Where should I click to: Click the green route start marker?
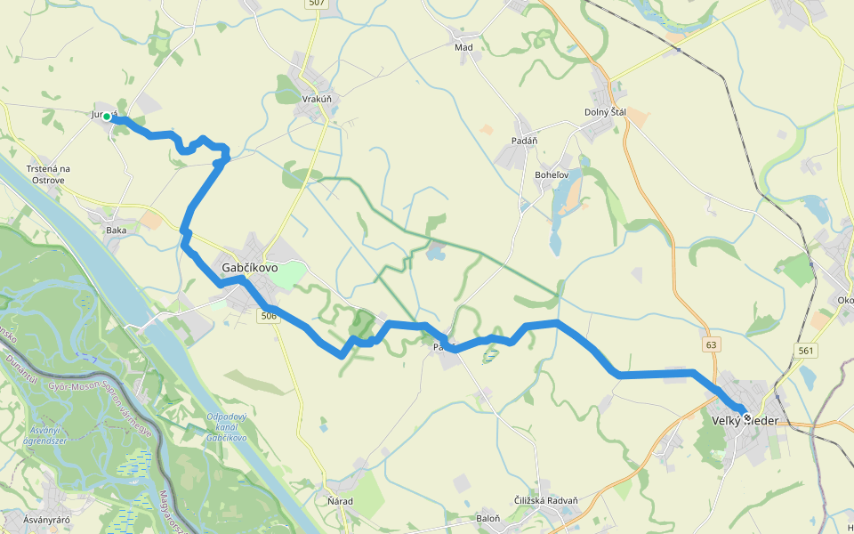coord(107,117)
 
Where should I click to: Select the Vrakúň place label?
coord(317,99)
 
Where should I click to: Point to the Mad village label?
coord(463,47)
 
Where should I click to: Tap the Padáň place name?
coord(524,141)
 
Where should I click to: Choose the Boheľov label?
coord(552,175)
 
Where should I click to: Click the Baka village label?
coord(116,230)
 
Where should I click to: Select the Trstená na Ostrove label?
coord(48,174)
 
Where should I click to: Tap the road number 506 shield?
coord(270,316)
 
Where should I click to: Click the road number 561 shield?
coord(806,351)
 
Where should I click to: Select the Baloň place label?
coord(488,517)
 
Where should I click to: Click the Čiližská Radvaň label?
coord(545,500)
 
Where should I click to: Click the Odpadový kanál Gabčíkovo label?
coord(226,426)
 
